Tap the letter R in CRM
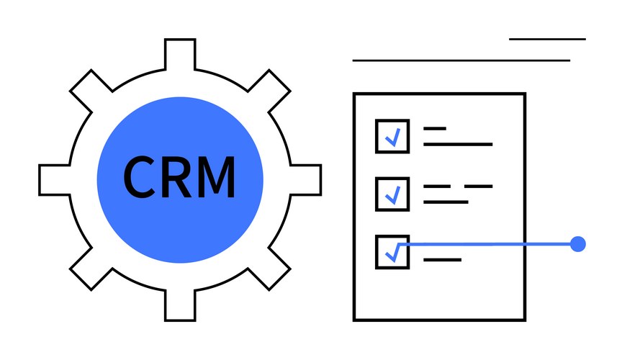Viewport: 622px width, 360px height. (x=175, y=177)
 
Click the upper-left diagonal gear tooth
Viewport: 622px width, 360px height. (x=90, y=90)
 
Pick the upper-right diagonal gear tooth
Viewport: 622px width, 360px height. (x=270, y=90)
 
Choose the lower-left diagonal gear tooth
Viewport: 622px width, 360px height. (x=90, y=270)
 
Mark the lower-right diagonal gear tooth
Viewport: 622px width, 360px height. (x=270, y=270)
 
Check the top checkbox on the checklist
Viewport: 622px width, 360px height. (x=392, y=136)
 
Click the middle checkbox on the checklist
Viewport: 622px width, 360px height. (x=392, y=194)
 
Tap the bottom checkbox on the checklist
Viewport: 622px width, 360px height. (x=392, y=252)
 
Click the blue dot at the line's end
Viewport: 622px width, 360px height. (x=577, y=244)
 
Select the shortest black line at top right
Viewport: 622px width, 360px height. (x=547, y=39)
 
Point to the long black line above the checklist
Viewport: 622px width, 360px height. (x=461, y=60)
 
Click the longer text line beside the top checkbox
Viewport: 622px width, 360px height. (x=458, y=144)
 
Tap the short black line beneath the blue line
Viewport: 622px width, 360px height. (x=442, y=259)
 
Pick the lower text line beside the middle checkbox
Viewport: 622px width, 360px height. (x=446, y=202)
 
